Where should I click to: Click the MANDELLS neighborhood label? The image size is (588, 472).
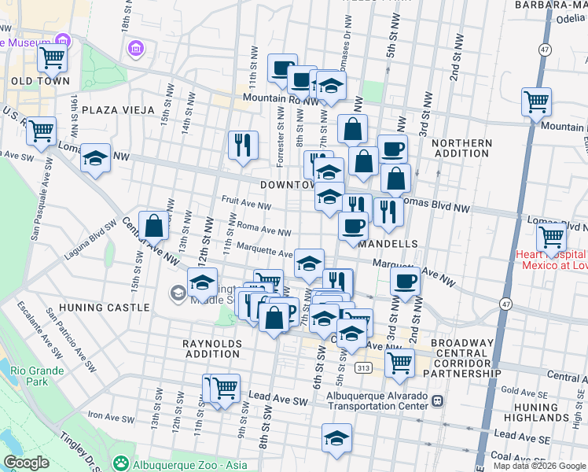coord(388,245)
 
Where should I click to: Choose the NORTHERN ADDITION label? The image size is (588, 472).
coord(461,149)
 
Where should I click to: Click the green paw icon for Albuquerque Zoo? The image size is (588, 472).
coord(120,460)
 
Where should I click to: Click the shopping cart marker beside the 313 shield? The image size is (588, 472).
coord(399,363)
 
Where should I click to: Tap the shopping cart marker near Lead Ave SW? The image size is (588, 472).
coord(225,387)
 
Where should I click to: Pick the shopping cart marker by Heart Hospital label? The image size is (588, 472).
coord(551,235)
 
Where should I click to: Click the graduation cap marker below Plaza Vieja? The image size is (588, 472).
coord(95,157)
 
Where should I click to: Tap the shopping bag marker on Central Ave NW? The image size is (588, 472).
coord(154,225)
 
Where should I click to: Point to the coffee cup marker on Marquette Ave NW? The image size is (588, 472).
coord(405,282)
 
